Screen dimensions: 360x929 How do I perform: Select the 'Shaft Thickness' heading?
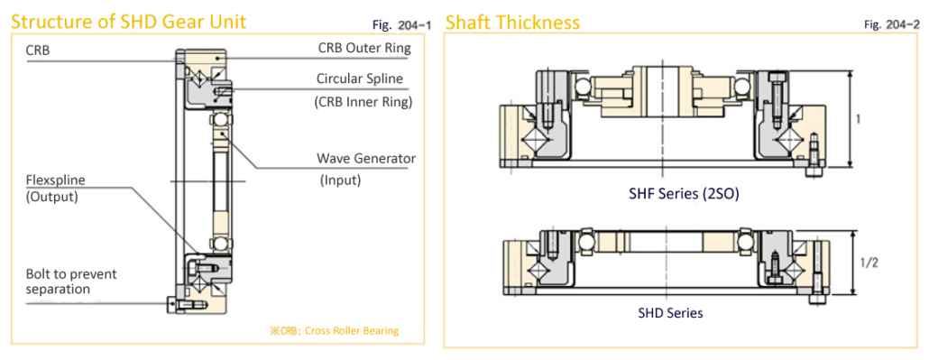(512, 21)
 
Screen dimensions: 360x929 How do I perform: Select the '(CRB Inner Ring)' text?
(363, 102)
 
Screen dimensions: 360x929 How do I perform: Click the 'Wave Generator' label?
(365, 158)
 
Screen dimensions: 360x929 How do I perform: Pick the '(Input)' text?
(340, 180)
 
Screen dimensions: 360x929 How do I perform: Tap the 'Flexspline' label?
(55, 180)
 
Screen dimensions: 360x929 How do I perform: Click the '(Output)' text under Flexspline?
(53, 196)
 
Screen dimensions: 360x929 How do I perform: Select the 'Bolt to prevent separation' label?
(71, 281)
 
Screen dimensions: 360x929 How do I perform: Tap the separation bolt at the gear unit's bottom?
(170, 305)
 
